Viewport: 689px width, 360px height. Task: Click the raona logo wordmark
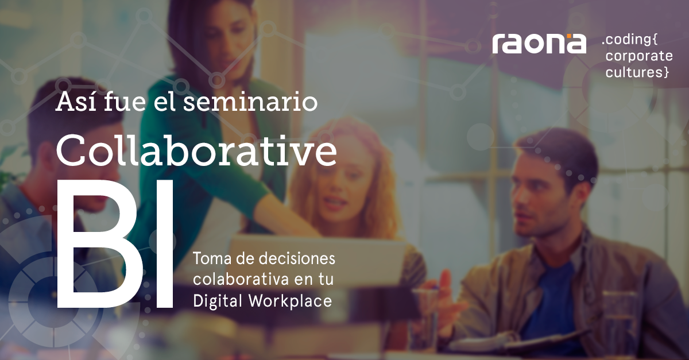pyautogui.click(x=539, y=44)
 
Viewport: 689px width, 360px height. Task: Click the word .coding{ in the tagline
pyautogui.click(x=629, y=40)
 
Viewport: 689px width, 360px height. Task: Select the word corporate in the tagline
pyautogui.click(x=639, y=57)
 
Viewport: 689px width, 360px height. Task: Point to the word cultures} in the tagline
pyautogui.click(x=637, y=72)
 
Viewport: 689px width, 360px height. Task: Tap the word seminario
pyautogui.click(x=250, y=102)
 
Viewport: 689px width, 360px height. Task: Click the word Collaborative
pyautogui.click(x=196, y=150)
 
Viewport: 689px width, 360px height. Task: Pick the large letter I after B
pyautogui.click(x=165, y=243)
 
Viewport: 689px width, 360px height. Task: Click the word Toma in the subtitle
pyautogui.click(x=212, y=258)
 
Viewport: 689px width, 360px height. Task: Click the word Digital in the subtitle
pyautogui.click(x=218, y=301)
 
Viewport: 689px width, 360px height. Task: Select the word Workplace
pyautogui.click(x=291, y=301)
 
